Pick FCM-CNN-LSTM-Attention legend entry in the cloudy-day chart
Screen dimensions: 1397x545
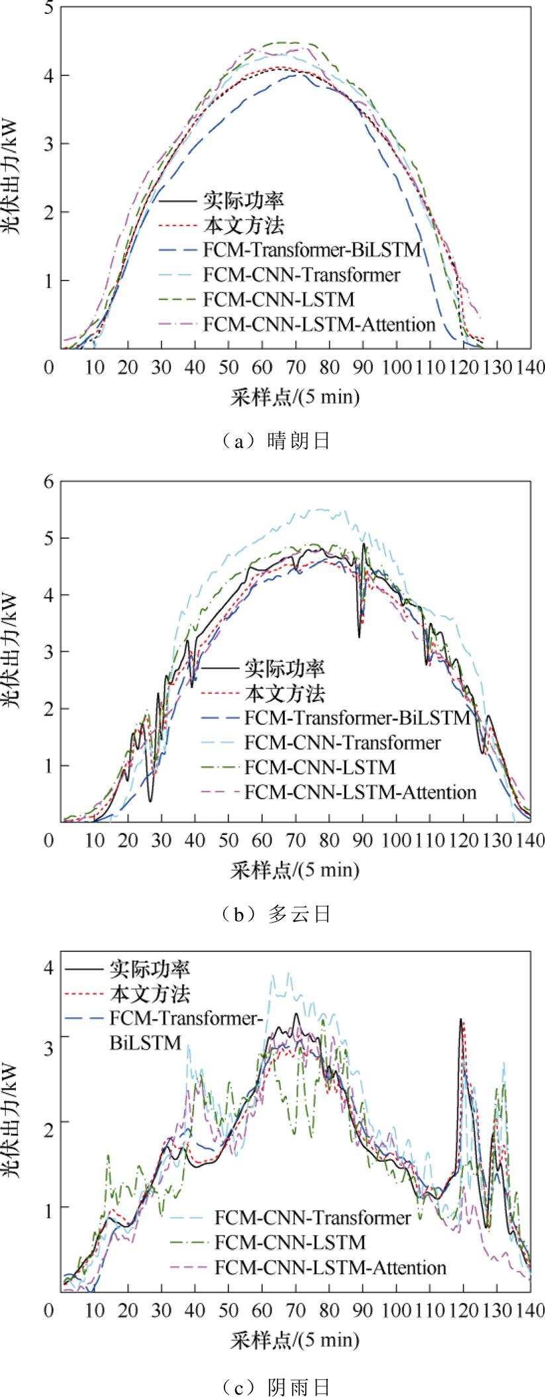[x=360, y=791]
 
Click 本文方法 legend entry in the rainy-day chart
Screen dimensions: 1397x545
[x=150, y=993]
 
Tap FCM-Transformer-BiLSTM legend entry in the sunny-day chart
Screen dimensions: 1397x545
[x=312, y=250]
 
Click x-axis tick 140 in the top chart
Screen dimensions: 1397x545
[x=530, y=366]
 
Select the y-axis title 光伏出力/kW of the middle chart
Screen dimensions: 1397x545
[x=14, y=651]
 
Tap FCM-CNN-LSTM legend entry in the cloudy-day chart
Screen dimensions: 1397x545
[x=319, y=767]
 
